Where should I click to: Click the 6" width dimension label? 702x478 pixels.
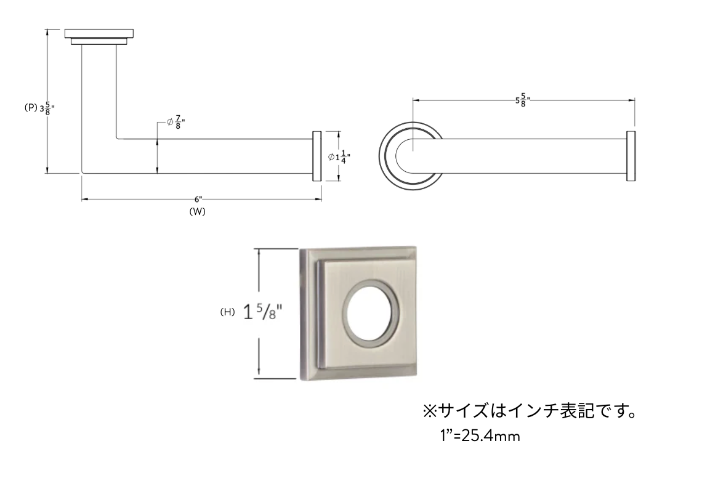pos(198,200)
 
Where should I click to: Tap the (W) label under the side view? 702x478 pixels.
pos(198,212)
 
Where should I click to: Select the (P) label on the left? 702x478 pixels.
pos(31,108)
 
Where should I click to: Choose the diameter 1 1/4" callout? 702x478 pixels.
pos(339,157)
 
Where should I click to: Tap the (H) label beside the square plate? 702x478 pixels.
pos(227,312)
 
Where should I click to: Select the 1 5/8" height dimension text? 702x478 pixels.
pos(264,312)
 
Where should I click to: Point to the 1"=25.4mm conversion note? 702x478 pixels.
pos(480,435)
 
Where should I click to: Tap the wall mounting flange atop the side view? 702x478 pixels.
pos(99,37)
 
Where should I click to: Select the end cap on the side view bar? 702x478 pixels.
pos(317,156)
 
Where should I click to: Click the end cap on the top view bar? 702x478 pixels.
pos(631,156)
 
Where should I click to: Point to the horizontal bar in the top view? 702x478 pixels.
pos(519,156)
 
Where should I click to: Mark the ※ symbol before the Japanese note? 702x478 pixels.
pos(429,411)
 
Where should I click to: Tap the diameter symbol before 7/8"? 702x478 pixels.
pos(170,123)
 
